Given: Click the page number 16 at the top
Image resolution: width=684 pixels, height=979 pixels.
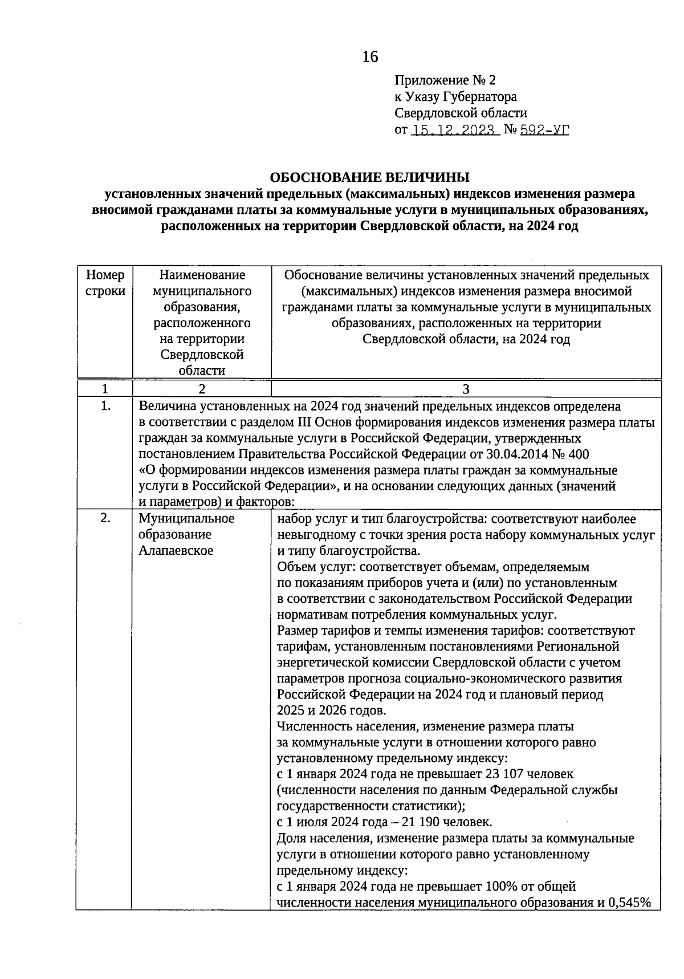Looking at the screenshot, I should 370,56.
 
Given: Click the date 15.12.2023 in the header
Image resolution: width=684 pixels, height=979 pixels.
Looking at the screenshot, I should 454,130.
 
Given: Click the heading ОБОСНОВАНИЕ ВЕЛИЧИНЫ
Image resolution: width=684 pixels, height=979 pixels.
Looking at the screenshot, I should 369,177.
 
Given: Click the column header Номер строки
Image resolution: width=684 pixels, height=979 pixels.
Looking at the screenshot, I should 105,283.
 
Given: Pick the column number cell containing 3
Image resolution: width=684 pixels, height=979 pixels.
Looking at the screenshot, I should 466,389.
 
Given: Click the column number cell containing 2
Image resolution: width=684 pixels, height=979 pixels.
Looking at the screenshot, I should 202,389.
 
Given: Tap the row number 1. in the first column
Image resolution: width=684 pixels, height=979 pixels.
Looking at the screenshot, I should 105,407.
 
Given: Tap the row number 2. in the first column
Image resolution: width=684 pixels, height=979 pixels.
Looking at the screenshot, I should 105,518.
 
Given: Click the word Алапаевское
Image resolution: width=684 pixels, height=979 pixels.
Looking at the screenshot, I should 176,551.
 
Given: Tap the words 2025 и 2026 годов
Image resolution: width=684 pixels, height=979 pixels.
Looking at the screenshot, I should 331,710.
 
